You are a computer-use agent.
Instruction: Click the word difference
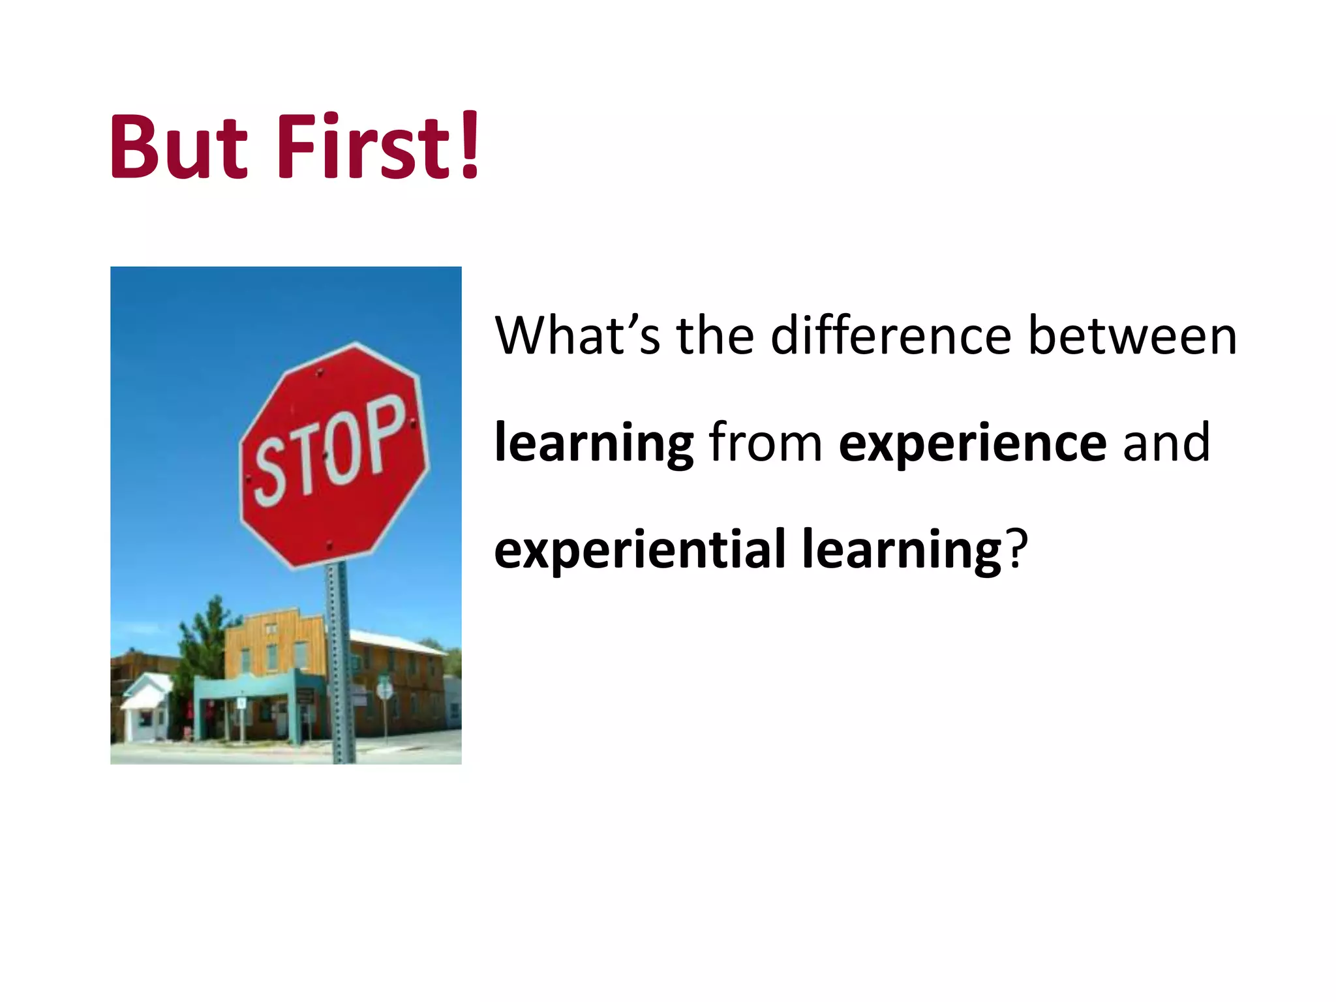[x=890, y=336]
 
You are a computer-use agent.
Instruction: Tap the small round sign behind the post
[x=385, y=690]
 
